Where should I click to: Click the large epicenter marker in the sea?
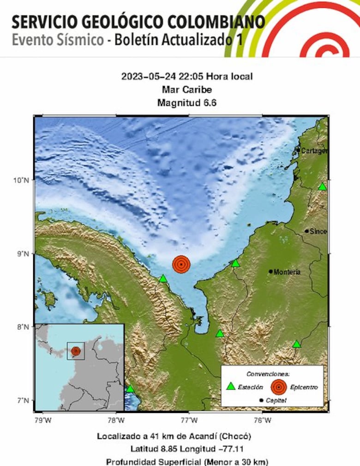coord(181,264)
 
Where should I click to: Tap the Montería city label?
coord(287,272)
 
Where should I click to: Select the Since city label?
coord(318,231)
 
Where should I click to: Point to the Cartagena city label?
coord(315,151)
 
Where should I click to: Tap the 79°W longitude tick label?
coord(42,420)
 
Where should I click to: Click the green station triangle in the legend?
coord(231,386)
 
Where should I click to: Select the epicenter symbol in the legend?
coord(279,387)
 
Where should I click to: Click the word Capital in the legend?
coord(276,400)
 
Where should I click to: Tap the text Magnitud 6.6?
coord(186,103)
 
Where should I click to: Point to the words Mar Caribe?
coord(186,90)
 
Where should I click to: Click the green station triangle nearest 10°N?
coord(322,187)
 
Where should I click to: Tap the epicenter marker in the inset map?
coord(76,351)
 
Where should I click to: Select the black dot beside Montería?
coord(270,271)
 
